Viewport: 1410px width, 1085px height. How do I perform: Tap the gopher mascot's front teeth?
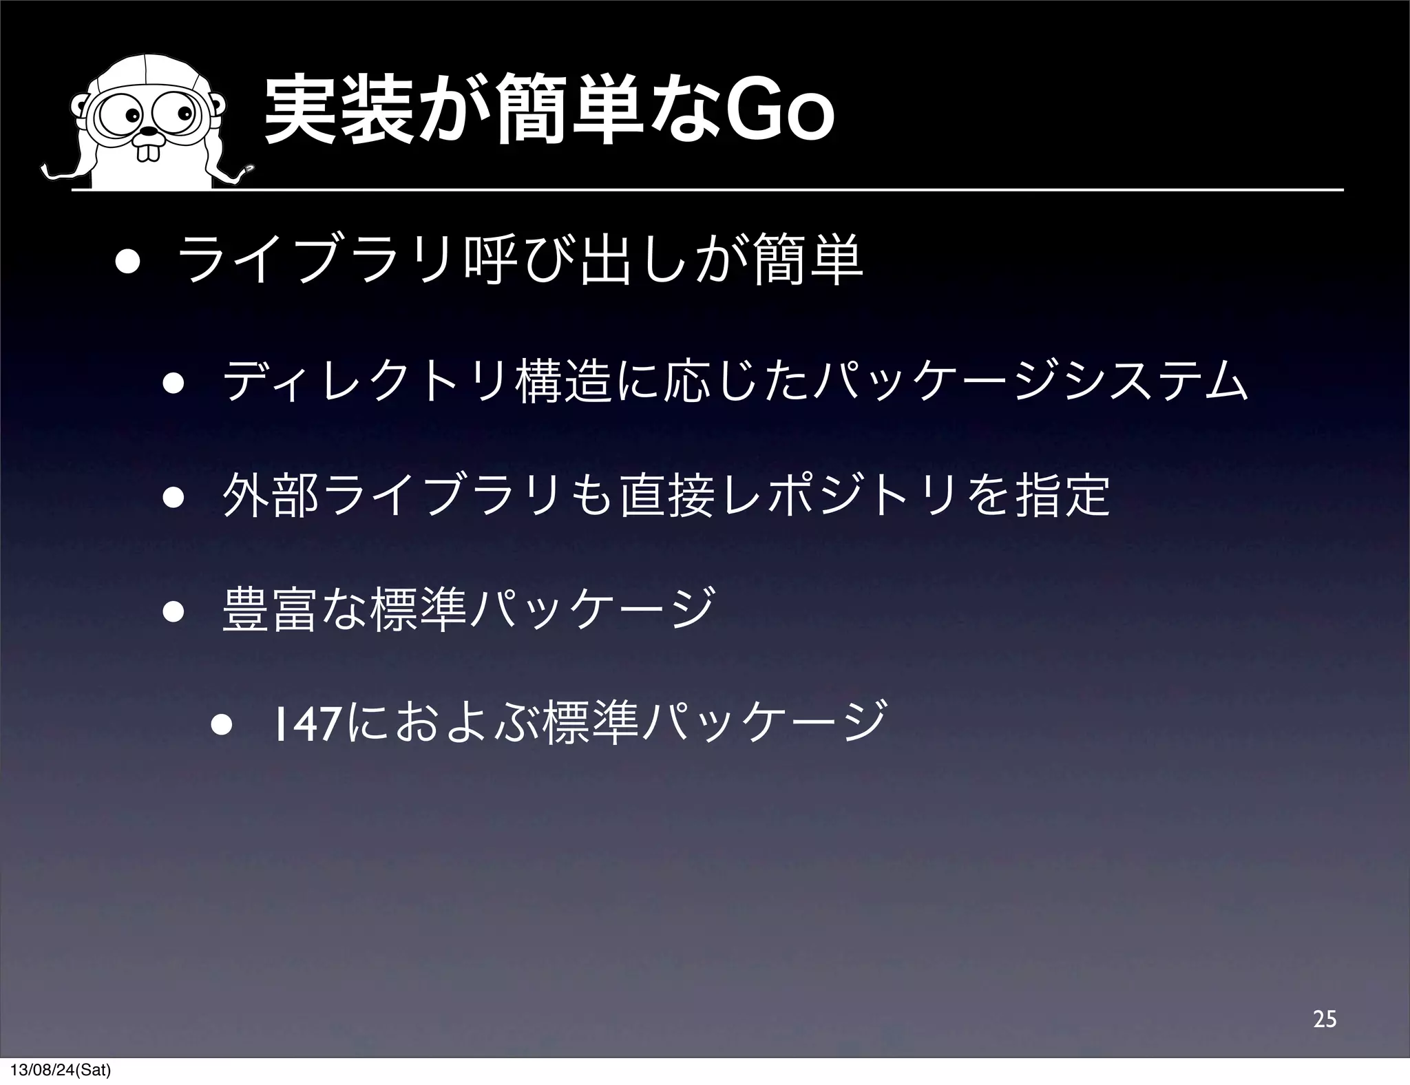[x=147, y=151]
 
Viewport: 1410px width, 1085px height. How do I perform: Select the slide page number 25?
[x=1324, y=1019]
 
